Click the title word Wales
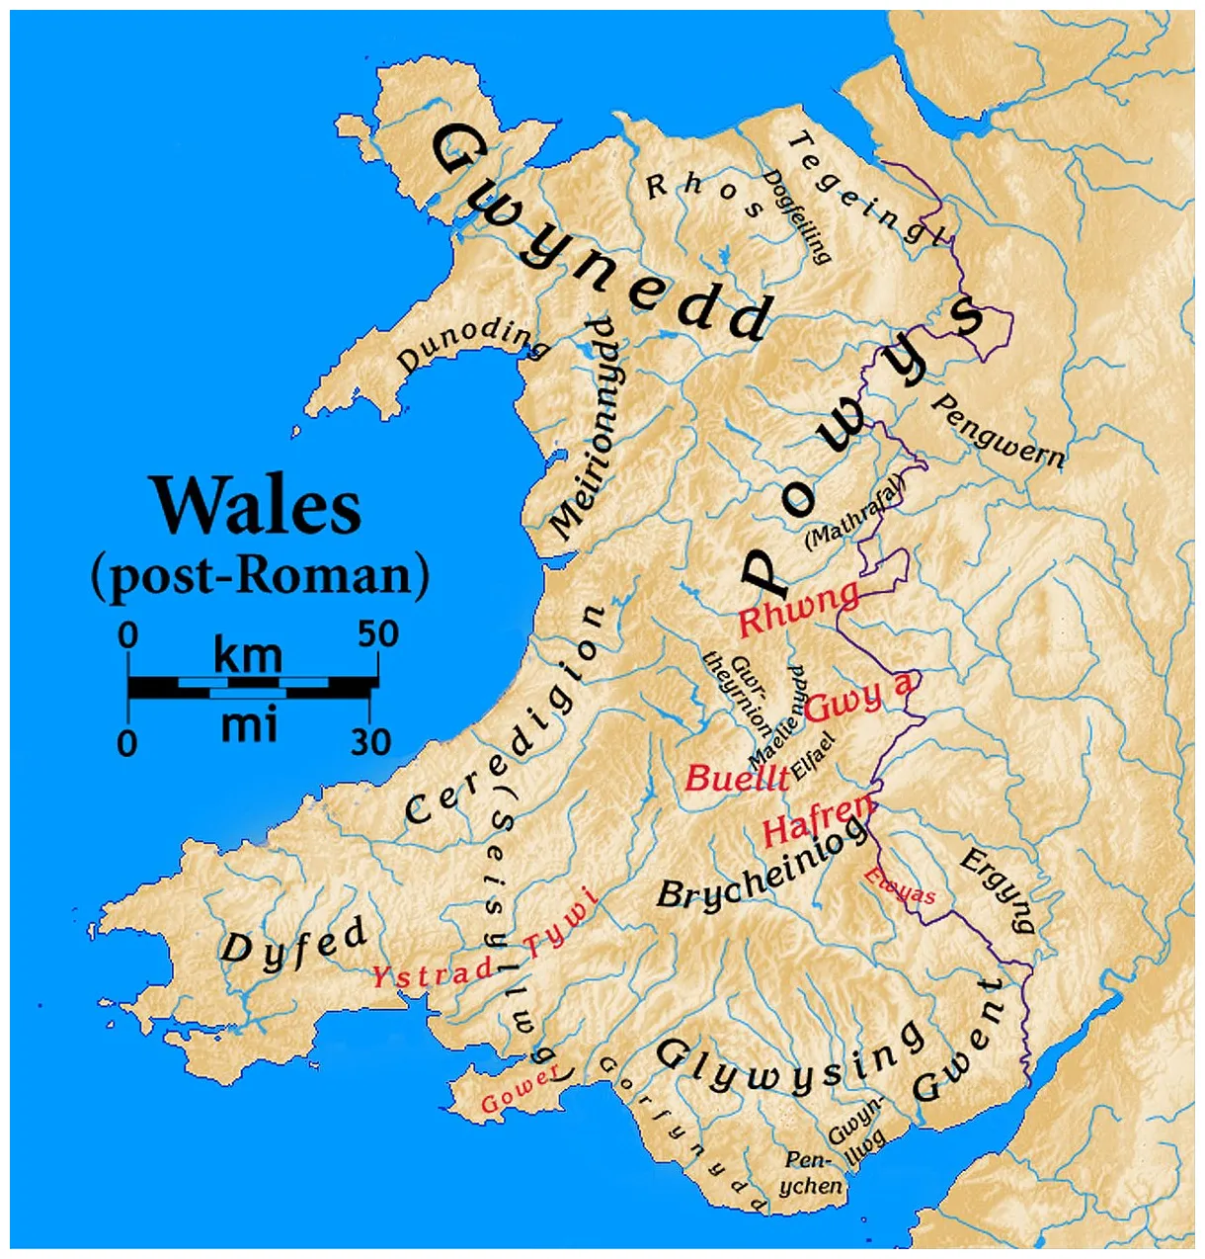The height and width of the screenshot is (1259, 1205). point(256,506)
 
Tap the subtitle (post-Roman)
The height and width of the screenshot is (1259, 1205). point(260,576)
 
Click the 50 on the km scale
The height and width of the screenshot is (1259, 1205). point(378,634)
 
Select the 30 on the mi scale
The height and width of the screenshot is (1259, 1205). point(370,741)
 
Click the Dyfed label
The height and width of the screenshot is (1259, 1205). point(293,944)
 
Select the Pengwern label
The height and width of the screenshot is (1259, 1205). point(998,432)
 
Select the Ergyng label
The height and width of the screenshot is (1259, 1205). point(998,889)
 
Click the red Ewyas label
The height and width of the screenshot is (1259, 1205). point(899,886)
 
